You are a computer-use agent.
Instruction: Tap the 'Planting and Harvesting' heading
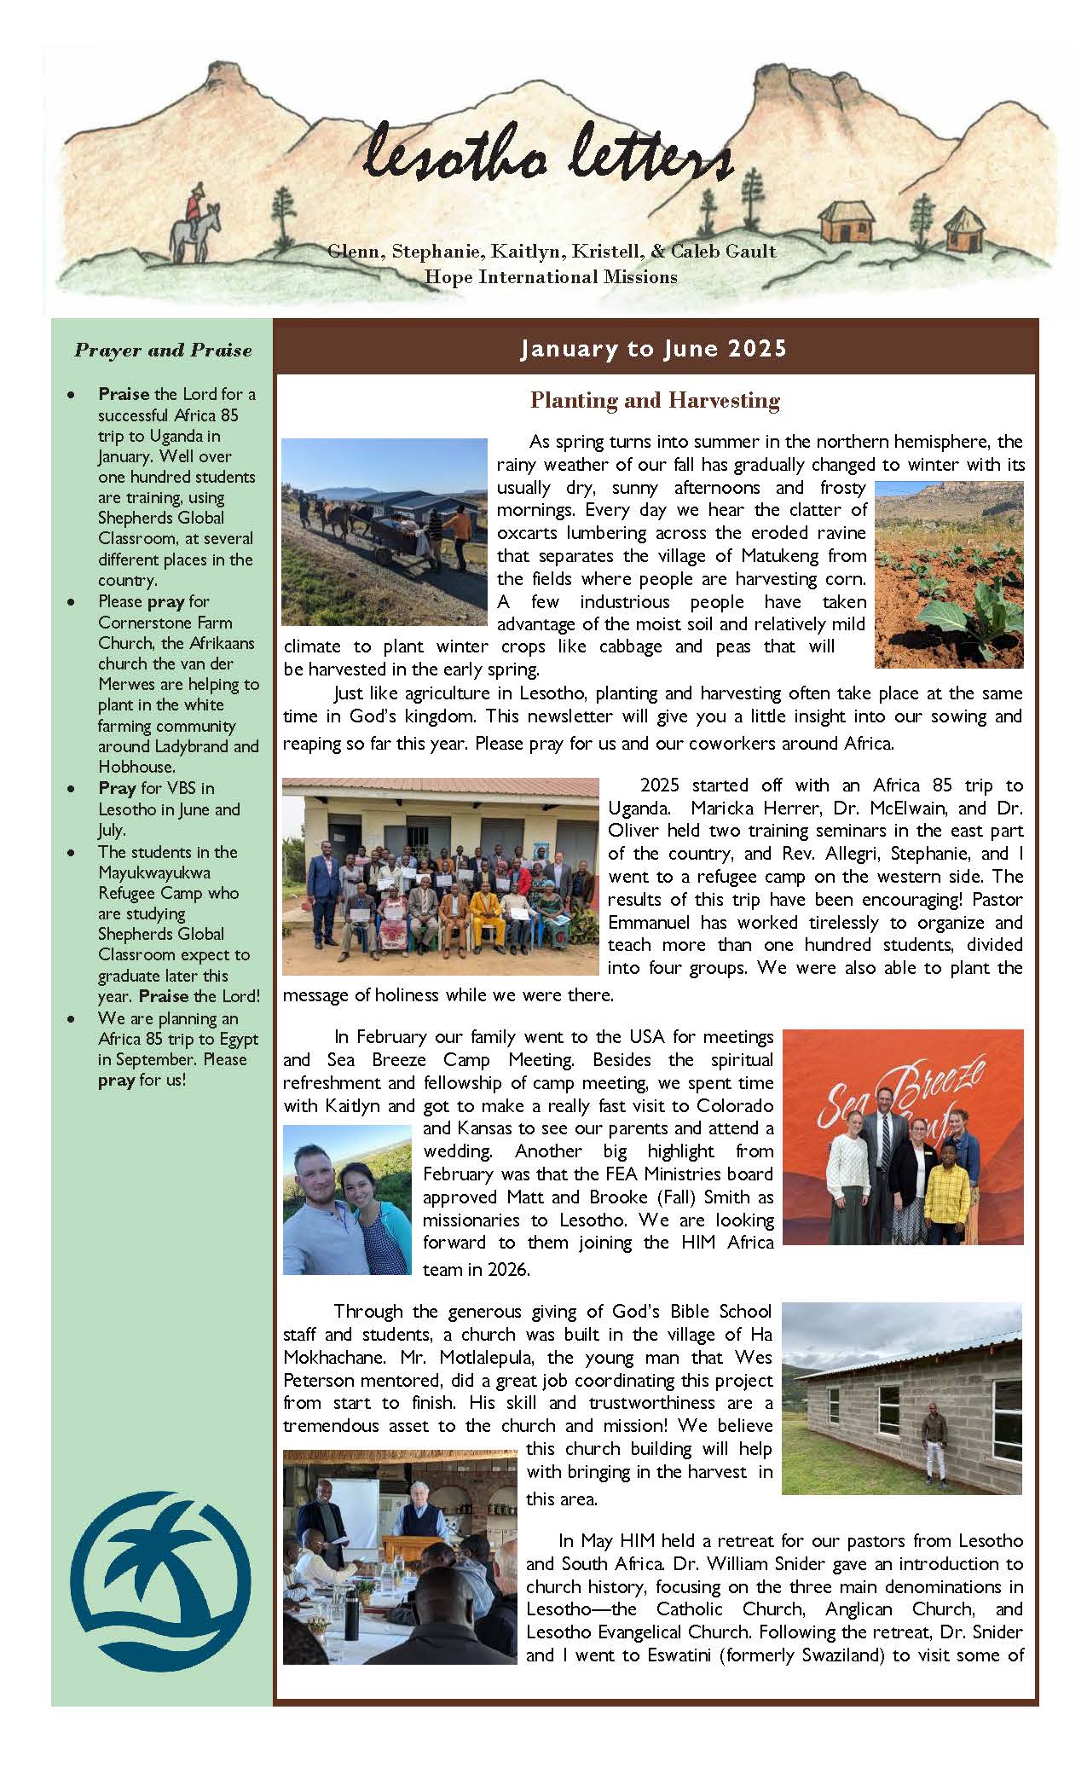(x=655, y=400)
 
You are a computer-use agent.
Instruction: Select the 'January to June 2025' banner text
(x=654, y=349)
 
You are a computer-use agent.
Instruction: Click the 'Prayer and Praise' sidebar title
(x=163, y=350)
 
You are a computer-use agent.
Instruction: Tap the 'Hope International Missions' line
(x=551, y=277)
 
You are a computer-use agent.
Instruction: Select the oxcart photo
(x=384, y=531)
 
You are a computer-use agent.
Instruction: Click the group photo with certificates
(x=441, y=876)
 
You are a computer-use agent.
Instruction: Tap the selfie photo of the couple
(x=347, y=1200)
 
